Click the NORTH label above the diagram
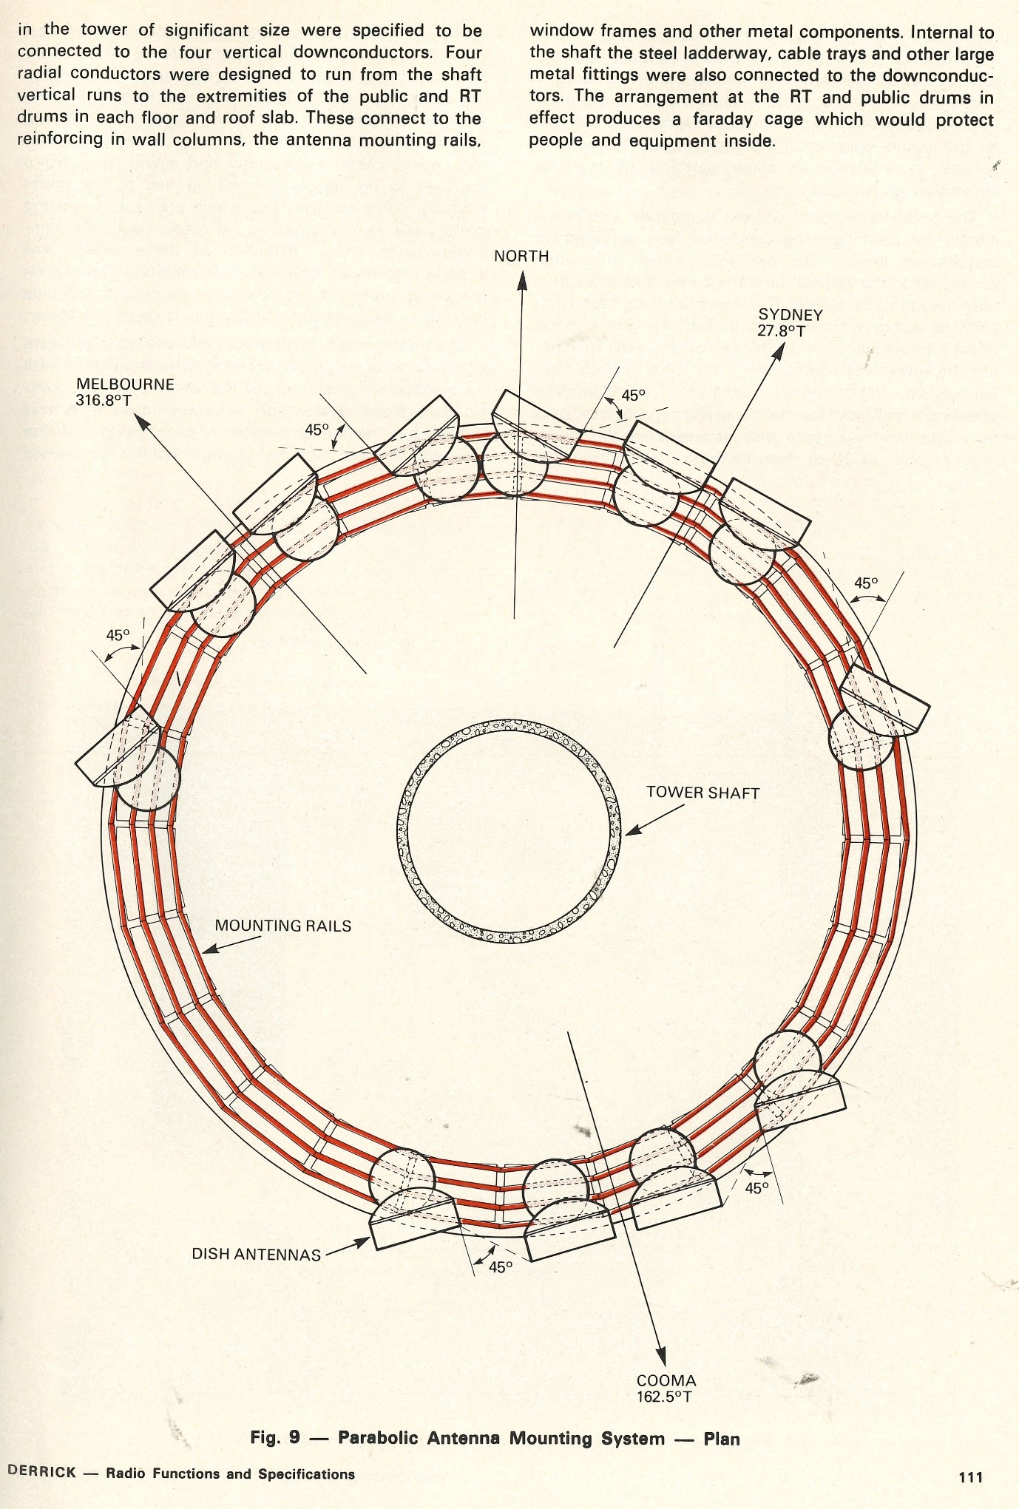pos(521,257)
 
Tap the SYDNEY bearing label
pos(790,315)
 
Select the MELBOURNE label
pos(125,384)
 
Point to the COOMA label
pos(666,1380)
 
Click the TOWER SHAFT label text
pos(703,793)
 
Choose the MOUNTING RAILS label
pos(282,926)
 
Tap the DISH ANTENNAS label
pos(256,1254)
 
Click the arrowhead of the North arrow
pos(522,280)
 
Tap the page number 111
pos(970,1477)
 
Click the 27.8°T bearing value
pos(780,330)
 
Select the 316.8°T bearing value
pos(104,401)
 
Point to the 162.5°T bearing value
pos(665,1397)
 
